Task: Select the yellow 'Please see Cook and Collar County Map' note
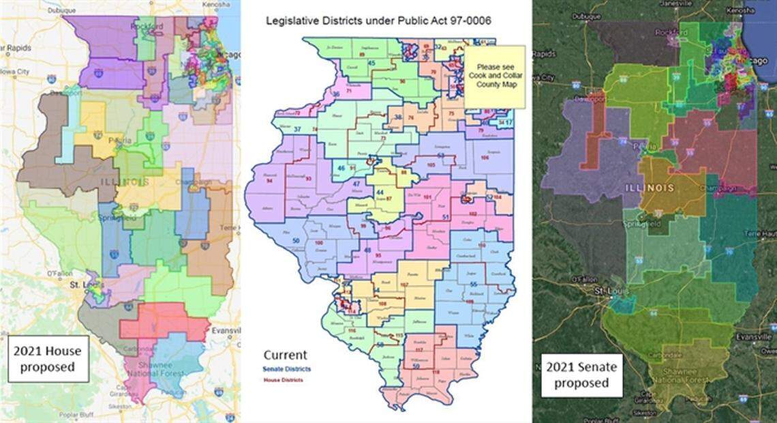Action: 496,76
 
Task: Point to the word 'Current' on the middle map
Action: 285,355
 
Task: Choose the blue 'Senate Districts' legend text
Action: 288,368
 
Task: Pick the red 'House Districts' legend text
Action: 284,379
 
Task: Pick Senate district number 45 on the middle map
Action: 371,63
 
